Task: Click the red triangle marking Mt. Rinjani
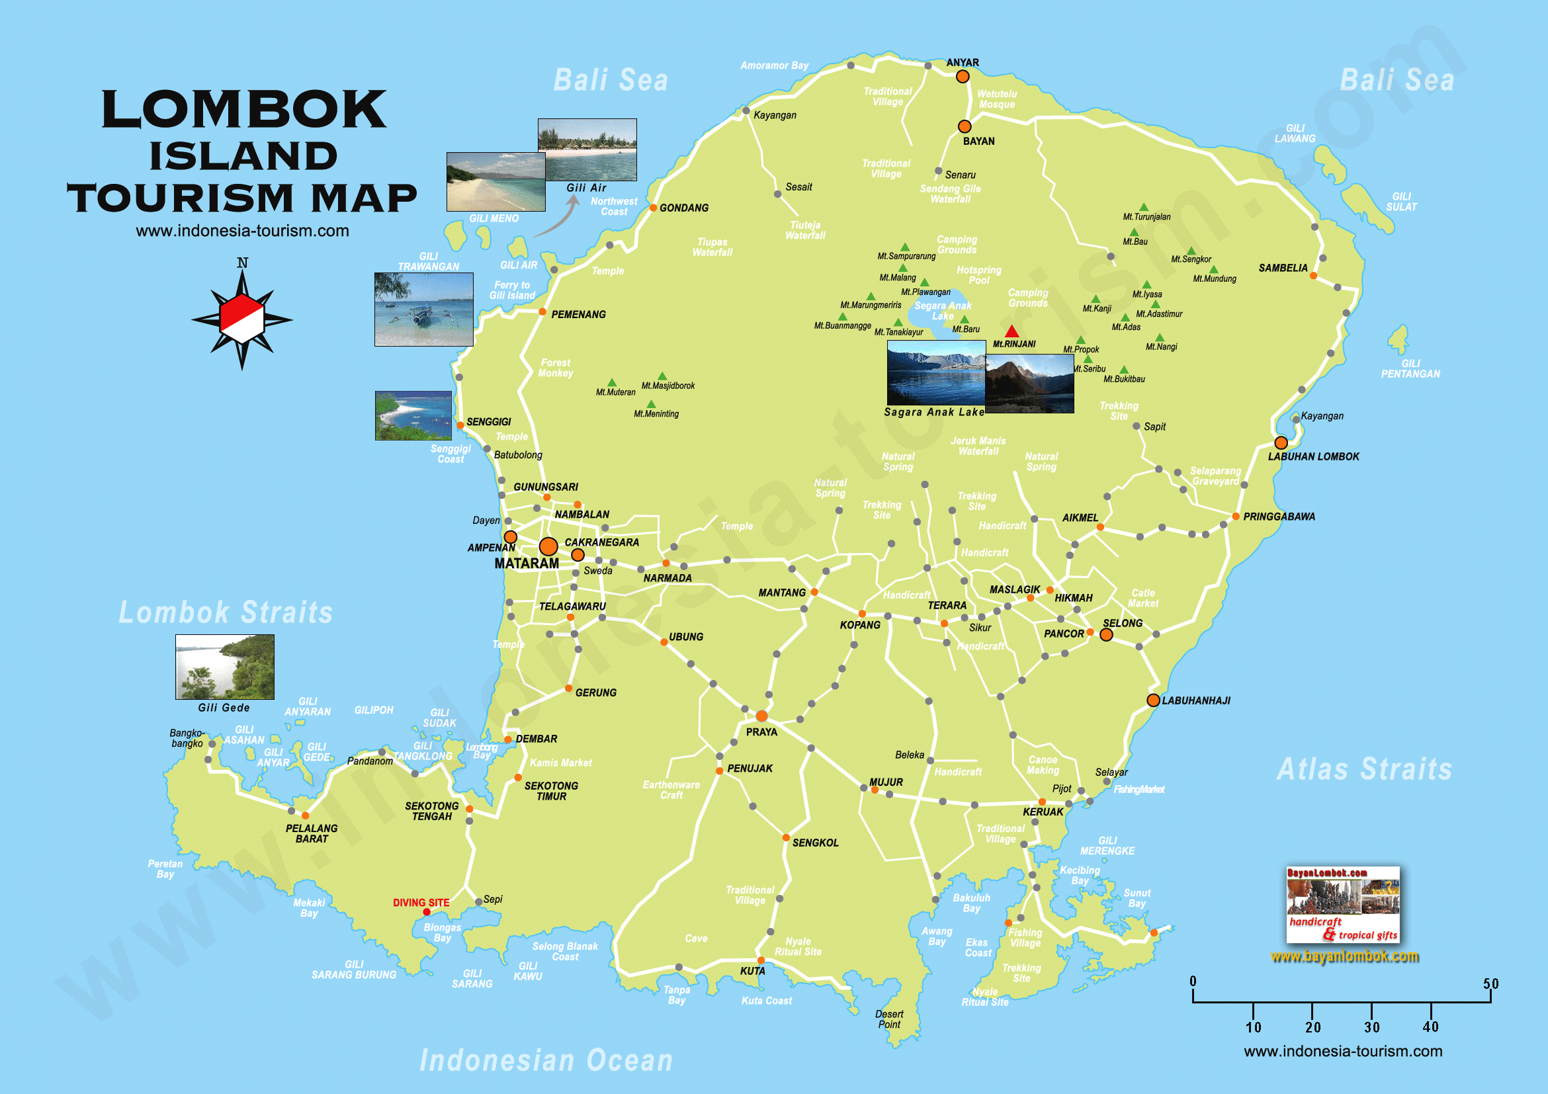[1011, 331]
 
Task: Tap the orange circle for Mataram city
[548, 546]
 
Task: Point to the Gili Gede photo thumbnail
[224, 666]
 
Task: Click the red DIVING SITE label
[421, 902]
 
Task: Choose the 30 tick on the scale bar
[1371, 1027]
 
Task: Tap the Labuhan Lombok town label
[1312, 456]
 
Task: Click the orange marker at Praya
[761, 716]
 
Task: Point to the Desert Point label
[888, 1019]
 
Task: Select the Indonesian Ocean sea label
[546, 1060]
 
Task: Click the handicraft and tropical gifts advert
[1342, 905]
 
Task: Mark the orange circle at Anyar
[963, 77]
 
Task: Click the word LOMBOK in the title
[243, 110]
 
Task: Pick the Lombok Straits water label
[226, 612]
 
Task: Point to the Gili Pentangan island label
[1410, 368]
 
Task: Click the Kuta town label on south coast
[752, 971]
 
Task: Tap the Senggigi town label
[488, 422]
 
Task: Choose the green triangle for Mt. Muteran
[611, 383]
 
